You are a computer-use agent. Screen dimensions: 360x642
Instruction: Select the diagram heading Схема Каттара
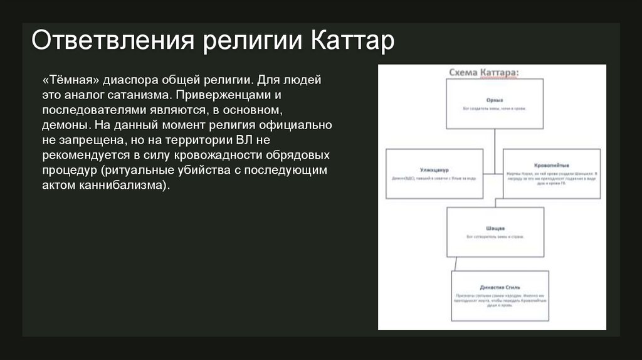484,74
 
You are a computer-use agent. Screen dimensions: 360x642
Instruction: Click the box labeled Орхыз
495,105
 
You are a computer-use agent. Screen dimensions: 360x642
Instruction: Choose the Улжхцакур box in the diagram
434,174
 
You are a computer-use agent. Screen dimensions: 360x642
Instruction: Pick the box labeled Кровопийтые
552,174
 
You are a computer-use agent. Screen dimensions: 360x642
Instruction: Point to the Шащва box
495,232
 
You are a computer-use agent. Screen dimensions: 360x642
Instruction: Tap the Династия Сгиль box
500,295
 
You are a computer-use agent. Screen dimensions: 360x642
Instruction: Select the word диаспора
132,82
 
